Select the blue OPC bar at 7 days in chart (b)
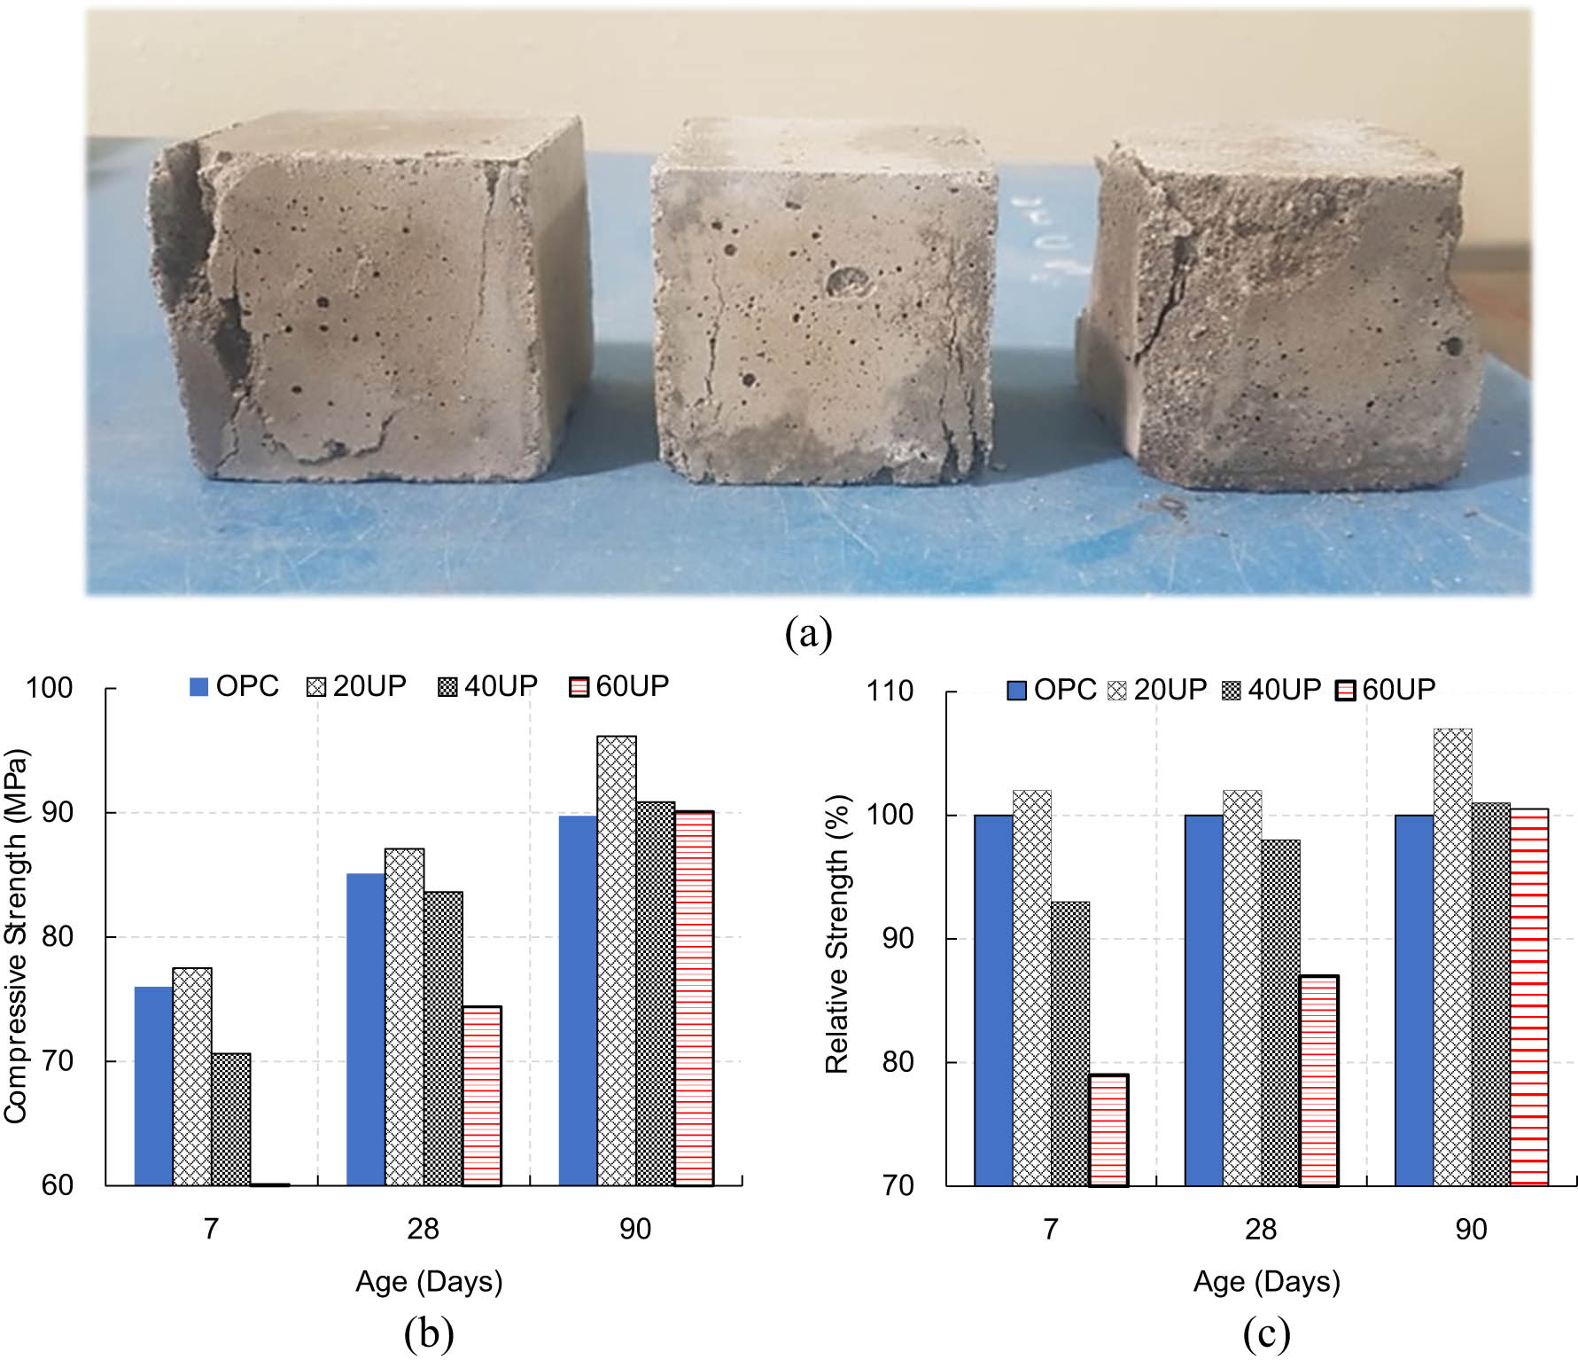tap(153, 1085)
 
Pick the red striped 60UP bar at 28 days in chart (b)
tap(482, 1095)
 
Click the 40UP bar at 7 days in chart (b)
tap(231, 1119)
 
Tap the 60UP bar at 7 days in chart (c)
tap(1108, 1129)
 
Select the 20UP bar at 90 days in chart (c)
tap(1452, 957)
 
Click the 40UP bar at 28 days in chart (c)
tap(1280, 1012)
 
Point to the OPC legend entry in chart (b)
tap(234, 686)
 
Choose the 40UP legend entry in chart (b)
tap(488, 686)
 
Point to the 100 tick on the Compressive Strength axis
tap(49, 688)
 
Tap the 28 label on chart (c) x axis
tap(1260, 1229)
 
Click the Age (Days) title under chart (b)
tap(429, 1281)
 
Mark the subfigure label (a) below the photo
tap(808, 634)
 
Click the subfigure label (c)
tap(1265, 1333)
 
